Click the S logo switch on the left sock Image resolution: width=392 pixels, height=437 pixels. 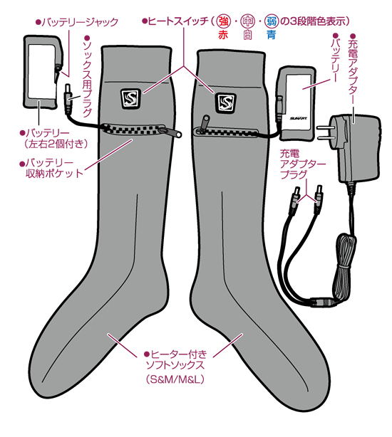[x=130, y=99]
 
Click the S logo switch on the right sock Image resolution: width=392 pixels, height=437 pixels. [x=226, y=102]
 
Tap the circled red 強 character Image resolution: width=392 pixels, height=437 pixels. [x=223, y=21]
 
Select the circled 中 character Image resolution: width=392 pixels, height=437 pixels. [x=247, y=21]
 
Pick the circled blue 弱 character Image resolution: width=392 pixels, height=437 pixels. [x=271, y=21]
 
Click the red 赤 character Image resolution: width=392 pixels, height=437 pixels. [x=223, y=35]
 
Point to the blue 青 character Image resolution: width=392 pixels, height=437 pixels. [x=271, y=35]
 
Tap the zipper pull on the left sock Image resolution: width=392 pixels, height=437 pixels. [x=170, y=132]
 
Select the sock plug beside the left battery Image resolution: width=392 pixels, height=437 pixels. [x=68, y=98]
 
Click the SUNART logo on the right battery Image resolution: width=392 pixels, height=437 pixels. [x=298, y=119]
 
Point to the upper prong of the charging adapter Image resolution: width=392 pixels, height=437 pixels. [x=325, y=128]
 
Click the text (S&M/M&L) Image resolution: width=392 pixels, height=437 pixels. [x=175, y=379]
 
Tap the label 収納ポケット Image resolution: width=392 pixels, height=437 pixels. [x=54, y=174]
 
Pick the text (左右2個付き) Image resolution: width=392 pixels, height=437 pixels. [x=56, y=144]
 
